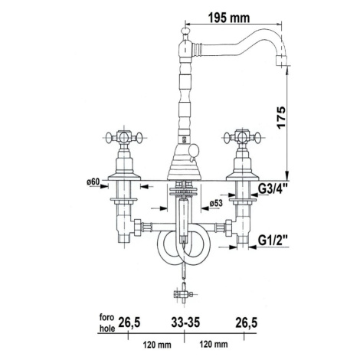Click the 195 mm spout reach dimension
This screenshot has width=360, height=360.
229,18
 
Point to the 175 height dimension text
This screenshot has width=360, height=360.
281,117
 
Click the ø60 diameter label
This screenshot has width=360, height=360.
93,182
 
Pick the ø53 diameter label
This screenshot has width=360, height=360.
216,203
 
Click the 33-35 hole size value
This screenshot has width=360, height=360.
185,322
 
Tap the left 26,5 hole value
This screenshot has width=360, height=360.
129,322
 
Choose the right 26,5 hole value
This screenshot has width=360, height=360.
247,322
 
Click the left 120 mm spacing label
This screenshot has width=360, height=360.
157,345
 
